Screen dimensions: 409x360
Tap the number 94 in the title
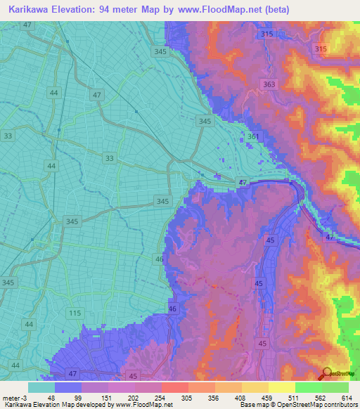[107, 10]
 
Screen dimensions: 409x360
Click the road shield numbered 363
[269, 84]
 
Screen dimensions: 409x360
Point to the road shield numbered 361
[254, 136]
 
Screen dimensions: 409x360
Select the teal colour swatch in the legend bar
[41, 387]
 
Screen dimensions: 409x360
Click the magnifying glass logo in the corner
[327, 375]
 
